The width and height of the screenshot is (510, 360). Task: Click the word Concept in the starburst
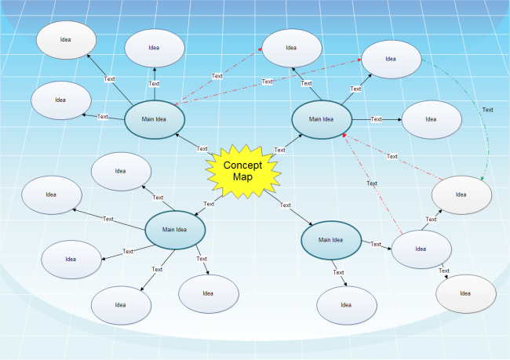coord(242,165)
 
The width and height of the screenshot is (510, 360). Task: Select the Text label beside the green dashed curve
coord(487,110)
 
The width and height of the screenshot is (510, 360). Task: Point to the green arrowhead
coord(482,180)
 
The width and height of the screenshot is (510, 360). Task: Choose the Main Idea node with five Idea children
coord(175,229)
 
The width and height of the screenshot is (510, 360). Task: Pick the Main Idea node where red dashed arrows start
coord(155,119)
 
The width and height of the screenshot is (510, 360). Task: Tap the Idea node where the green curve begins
coord(391,58)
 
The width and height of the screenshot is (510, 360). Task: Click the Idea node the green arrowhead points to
coord(461,195)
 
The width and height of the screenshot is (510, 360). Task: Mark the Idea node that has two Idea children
coord(421,249)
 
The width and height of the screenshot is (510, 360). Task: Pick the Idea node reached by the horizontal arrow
coord(431,119)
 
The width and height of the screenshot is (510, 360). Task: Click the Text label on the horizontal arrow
coord(376,119)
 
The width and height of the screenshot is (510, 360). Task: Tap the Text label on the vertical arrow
coord(155,83)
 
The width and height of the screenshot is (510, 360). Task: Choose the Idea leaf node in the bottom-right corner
coord(465,293)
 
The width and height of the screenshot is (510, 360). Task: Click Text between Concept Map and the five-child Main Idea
coord(209,204)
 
